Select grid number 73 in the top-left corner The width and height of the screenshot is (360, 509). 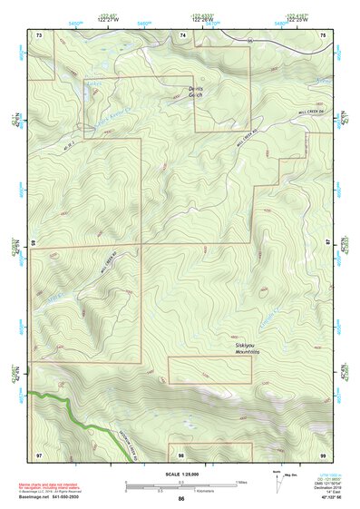coord(39,34)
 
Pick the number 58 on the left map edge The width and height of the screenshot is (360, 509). coord(33,244)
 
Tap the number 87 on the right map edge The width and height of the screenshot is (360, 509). coord(328,244)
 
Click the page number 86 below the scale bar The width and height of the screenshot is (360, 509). coord(181,499)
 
